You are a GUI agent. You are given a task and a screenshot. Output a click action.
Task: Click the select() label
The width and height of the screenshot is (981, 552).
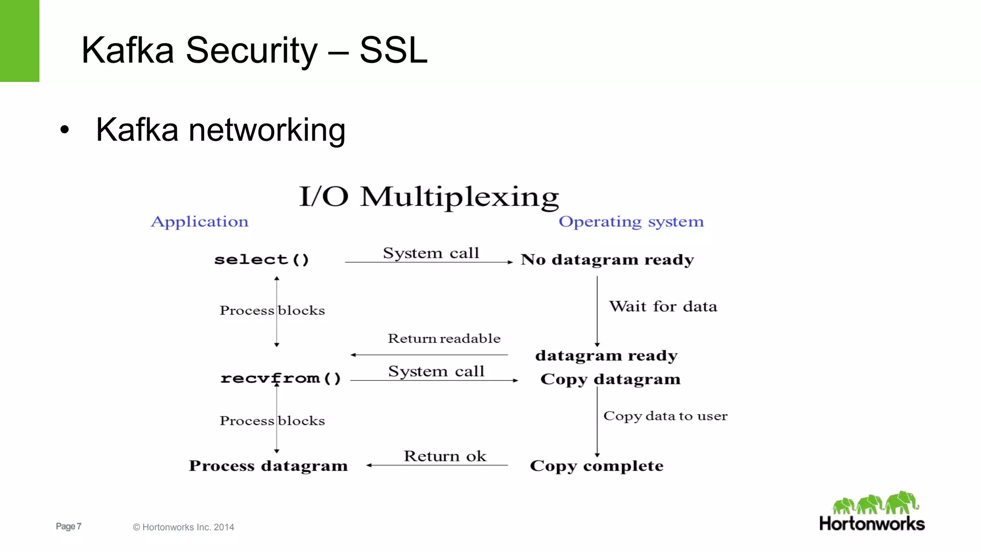[262, 260]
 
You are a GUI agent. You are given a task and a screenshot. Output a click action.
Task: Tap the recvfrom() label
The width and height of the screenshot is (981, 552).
[281, 379]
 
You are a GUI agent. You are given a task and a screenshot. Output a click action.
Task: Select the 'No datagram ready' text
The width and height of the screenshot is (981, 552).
[607, 260]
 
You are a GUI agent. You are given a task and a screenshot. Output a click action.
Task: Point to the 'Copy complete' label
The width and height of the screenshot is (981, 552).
[596, 466]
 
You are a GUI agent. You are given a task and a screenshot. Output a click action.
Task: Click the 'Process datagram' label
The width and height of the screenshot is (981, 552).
[268, 466]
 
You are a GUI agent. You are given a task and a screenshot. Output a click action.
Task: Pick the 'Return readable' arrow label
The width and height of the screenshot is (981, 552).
[444, 339]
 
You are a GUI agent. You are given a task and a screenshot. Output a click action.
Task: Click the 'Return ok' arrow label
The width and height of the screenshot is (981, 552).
[445, 456]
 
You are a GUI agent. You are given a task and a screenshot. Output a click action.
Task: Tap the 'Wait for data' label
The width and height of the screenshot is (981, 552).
[663, 307]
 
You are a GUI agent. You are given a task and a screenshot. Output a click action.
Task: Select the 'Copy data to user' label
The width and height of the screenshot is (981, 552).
[665, 416]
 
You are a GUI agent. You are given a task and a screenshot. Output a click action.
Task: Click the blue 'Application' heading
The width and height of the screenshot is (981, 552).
[200, 221]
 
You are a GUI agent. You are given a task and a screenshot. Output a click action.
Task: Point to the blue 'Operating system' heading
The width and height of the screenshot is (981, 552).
[631, 221]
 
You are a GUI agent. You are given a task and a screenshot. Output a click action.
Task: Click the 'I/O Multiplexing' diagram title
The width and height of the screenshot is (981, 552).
[429, 196]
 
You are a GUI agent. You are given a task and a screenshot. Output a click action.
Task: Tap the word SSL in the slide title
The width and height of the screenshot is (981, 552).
[393, 50]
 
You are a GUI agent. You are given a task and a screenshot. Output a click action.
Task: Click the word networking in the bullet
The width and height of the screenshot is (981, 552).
[267, 130]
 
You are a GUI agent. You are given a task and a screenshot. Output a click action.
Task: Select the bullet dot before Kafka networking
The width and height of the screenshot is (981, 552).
[65, 130]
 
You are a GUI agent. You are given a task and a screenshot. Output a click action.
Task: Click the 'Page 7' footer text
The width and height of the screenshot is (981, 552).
[68, 526]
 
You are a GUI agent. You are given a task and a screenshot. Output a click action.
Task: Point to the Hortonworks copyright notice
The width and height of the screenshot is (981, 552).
[183, 527]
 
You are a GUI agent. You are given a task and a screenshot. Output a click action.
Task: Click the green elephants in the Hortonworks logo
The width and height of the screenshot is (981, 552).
[875, 503]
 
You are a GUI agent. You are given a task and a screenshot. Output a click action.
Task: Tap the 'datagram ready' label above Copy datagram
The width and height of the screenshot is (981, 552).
[606, 356]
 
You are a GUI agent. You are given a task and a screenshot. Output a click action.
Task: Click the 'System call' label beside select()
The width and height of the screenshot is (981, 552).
[431, 253]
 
